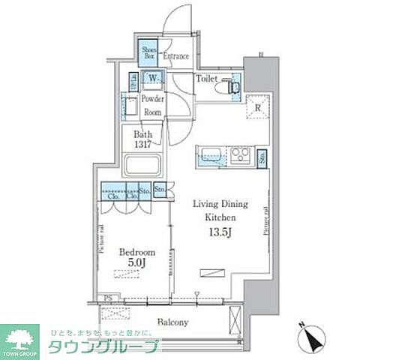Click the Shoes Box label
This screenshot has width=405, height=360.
148,52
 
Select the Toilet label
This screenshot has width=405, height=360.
207,77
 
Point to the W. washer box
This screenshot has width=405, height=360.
153,78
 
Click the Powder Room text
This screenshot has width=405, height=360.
153,105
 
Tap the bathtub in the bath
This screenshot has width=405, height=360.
148,165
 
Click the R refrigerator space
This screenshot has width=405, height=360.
256,106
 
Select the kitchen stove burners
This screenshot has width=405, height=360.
240,155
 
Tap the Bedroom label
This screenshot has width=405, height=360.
136,252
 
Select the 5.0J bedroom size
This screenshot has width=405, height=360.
136,263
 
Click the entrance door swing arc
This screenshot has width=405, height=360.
177,21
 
